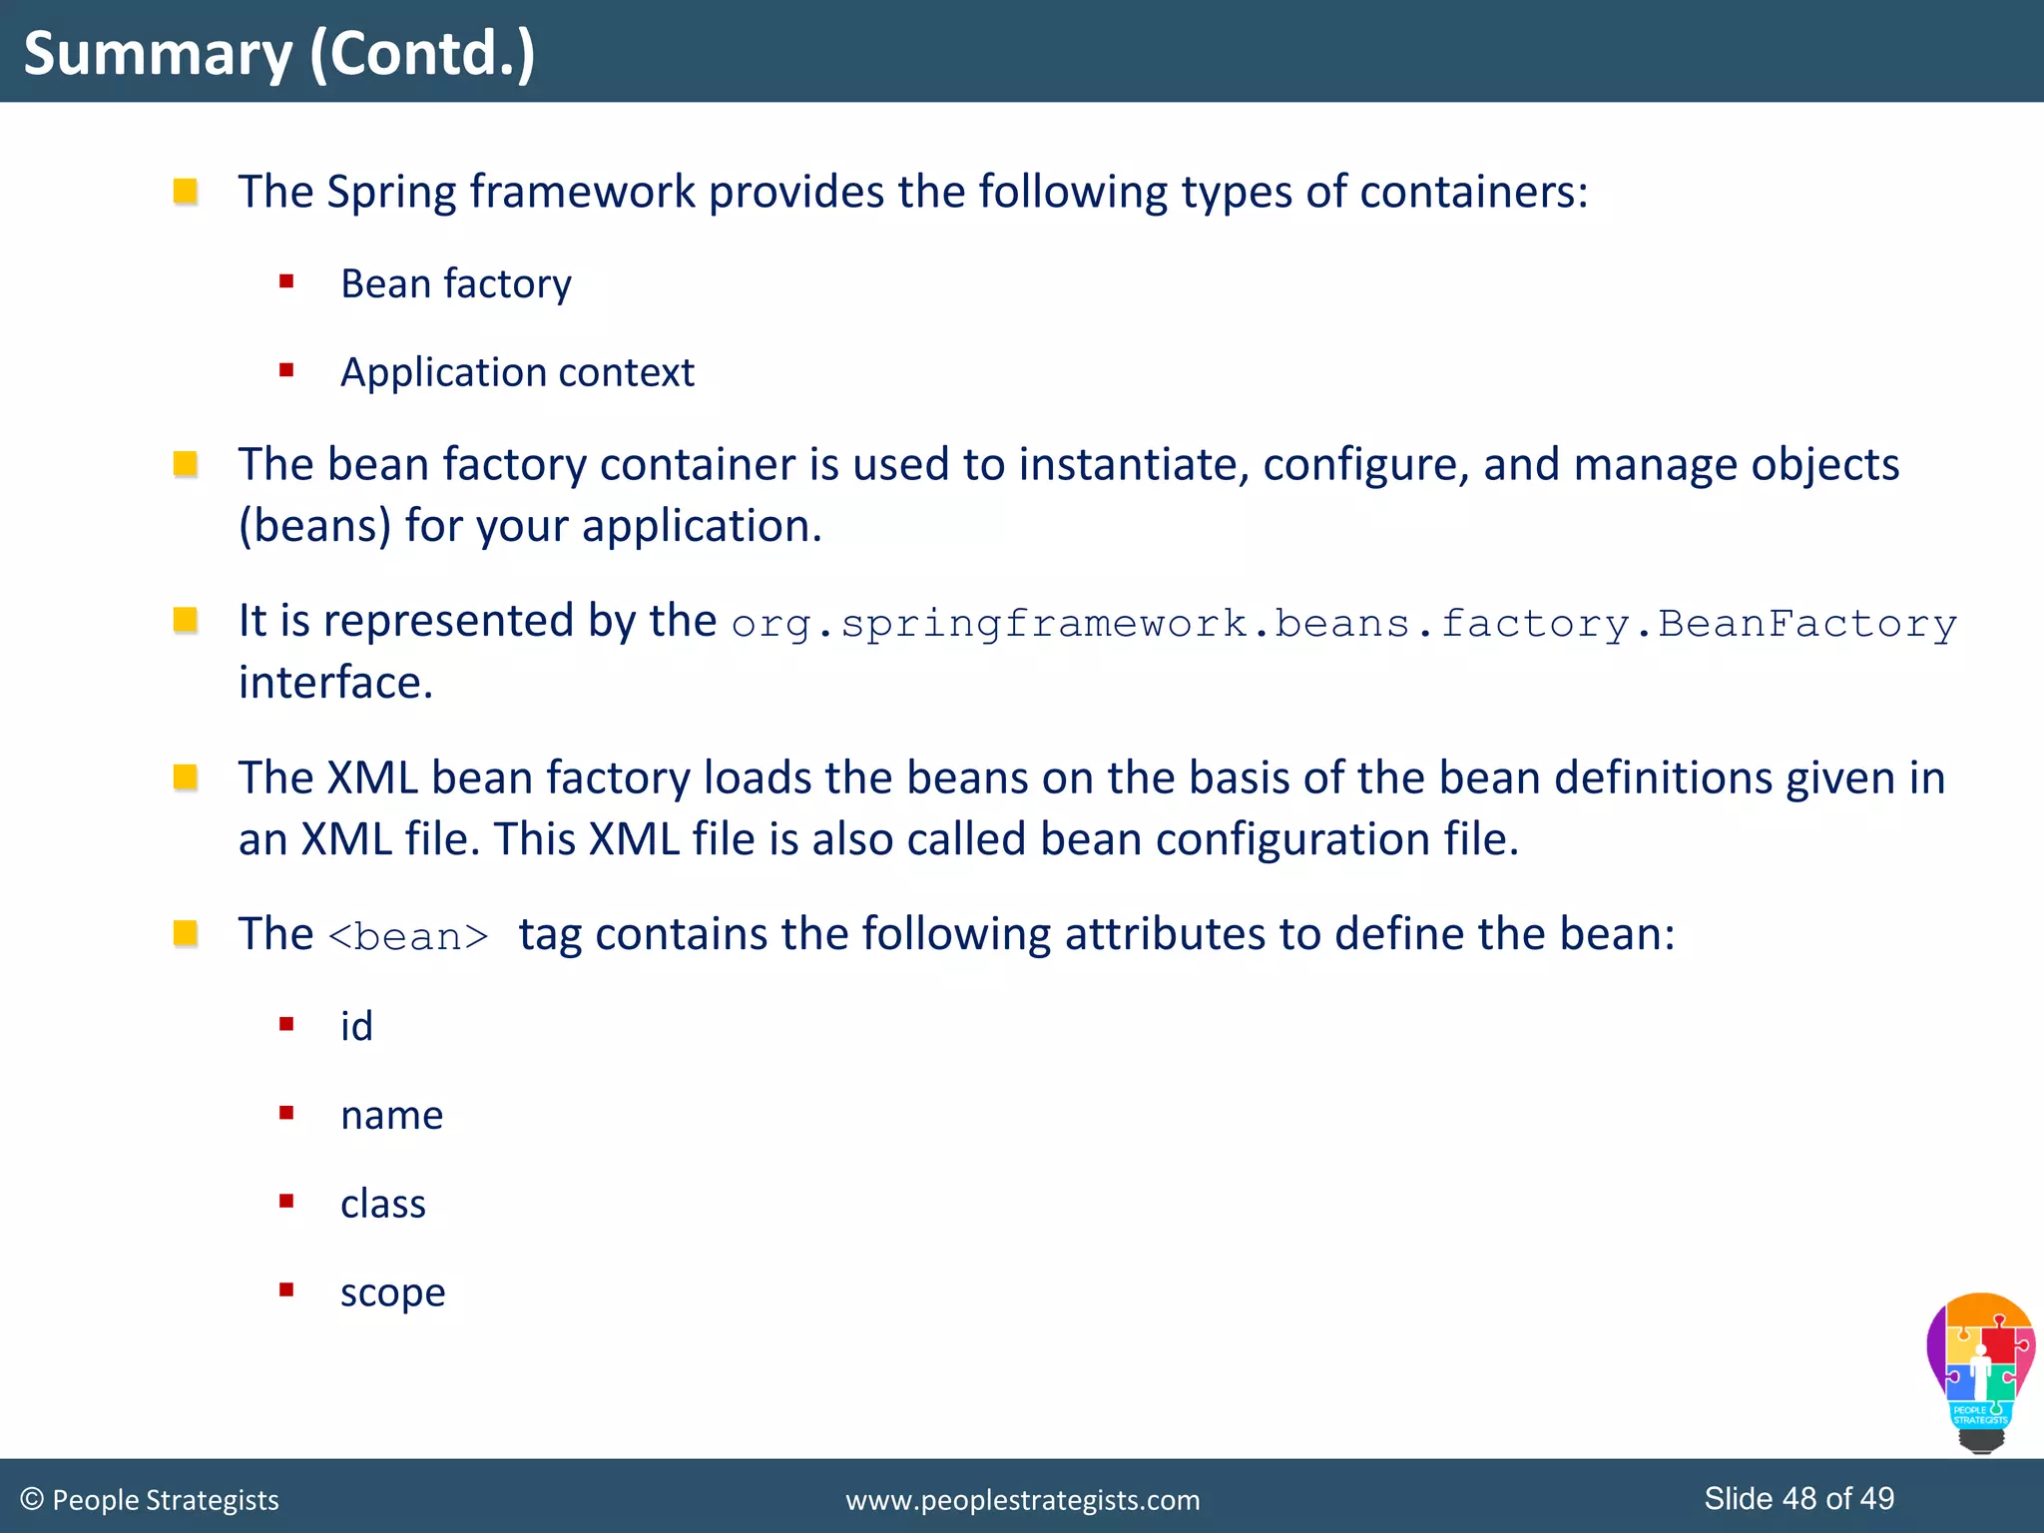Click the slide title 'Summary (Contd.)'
pyautogui.click(x=279, y=54)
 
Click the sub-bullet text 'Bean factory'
pyautogui.click(x=456, y=284)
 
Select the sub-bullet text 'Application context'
pyautogui.click(x=517, y=373)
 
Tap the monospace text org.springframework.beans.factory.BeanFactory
pyautogui.click(x=1343, y=624)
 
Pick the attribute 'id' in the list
pyautogui.click(x=356, y=1027)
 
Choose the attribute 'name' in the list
pyautogui.click(x=391, y=1116)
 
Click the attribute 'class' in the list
pyautogui.click(x=383, y=1205)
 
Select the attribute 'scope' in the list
pyautogui.click(x=392, y=1293)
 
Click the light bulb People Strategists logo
pyautogui.click(x=1980, y=1372)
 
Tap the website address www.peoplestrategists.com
pyautogui.click(x=1022, y=1500)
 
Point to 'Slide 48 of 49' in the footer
pyautogui.click(x=1798, y=1498)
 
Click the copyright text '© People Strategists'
pyautogui.click(x=150, y=1500)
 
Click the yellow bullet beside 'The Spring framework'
pyautogui.click(x=186, y=191)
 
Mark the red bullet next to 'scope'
pyautogui.click(x=286, y=1289)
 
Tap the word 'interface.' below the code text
pyautogui.click(x=335, y=684)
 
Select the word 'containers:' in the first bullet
pyautogui.click(x=1473, y=192)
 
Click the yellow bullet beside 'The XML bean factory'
pyautogui.click(x=186, y=776)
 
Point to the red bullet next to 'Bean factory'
pyautogui.click(x=286, y=281)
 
